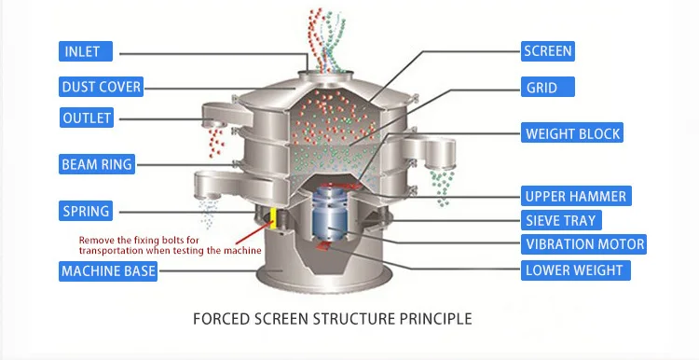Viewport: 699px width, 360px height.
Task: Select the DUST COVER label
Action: point(102,87)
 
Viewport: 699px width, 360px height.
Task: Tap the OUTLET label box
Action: point(87,118)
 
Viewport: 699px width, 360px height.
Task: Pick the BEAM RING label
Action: point(97,165)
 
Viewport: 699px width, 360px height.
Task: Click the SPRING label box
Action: point(86,210)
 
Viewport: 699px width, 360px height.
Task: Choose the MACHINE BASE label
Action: point(108,271)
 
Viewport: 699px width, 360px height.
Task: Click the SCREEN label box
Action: point(548,51)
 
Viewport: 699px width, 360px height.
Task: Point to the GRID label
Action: point(541,88)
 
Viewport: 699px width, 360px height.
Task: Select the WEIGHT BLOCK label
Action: point(572,133)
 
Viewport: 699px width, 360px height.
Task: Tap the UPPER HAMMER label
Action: point(575,196)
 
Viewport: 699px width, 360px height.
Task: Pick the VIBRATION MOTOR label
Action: point(584,244)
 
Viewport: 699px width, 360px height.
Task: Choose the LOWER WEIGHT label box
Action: point(574,271)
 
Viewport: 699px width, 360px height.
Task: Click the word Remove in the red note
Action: point(97,240)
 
